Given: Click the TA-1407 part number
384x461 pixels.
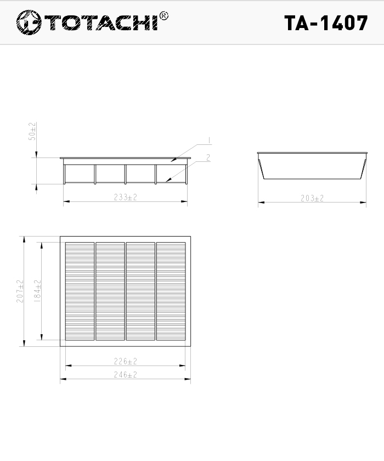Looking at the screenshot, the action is point(326,23).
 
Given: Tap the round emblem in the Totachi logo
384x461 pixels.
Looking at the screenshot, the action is point(29,23).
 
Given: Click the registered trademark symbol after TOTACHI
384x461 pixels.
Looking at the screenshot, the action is point(163,16).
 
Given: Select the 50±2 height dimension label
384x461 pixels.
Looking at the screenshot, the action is point(32,131).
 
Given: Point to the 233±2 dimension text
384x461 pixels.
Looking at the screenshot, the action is point(126,197).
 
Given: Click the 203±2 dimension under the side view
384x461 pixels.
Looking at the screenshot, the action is point(312,199).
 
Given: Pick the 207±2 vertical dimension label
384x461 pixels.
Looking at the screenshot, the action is point(20,291).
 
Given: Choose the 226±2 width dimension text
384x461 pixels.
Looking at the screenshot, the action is point(126,361).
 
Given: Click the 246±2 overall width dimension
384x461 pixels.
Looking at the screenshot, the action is point(126,375).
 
